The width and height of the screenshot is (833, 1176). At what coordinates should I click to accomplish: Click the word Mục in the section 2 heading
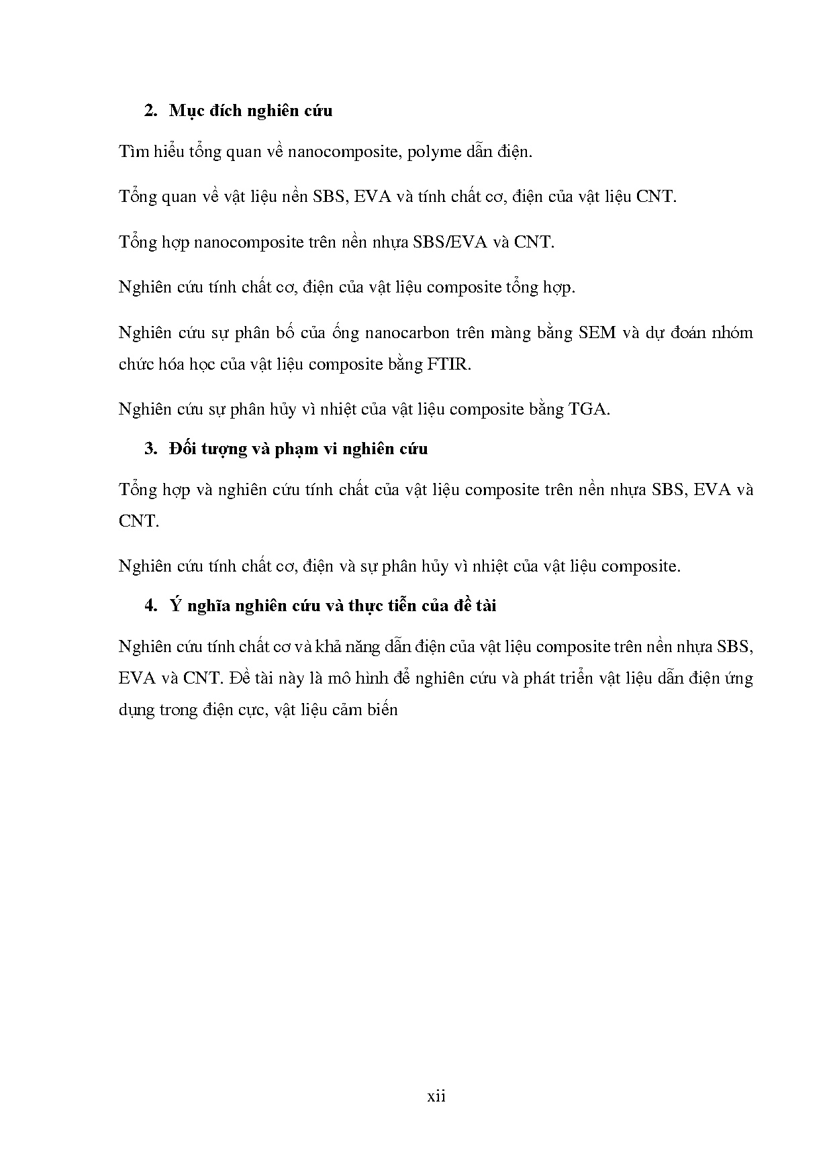pyautogui.click(x=183, y=111)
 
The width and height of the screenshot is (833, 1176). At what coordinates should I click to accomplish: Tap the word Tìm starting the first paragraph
pyautogui.click(x=132, y=151)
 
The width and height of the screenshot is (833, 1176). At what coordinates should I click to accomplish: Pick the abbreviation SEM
pyautogui.click(x=597, y=333)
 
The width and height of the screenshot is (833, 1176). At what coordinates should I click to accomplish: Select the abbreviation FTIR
pyautogui.click(x=449, y=364)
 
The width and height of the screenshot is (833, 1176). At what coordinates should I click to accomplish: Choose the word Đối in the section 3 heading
pyautogui.click(x=183, y=449)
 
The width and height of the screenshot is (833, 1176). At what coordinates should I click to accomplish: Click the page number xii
pyautogui.click(x=436, y=1096)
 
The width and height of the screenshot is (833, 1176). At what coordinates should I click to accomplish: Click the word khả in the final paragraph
pyautogui.click(x=307, y=647)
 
